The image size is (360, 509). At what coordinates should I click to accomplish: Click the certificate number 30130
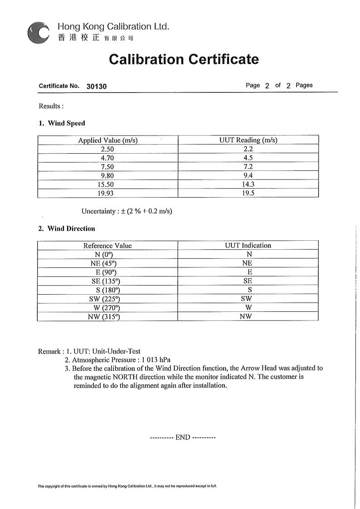[x=96, y=86]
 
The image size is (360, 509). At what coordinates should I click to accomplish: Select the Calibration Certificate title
[x=184, y=59]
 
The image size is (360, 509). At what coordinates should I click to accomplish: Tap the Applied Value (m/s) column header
[x=107, y=140]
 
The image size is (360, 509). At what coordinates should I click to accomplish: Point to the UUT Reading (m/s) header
[x=248, y=140]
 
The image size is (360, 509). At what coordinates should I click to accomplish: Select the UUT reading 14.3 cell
[x=248, y=184]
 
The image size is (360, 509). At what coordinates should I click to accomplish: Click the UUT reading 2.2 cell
[x=248, y=149]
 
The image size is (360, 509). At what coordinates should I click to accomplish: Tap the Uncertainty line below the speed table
[x=127, y=211]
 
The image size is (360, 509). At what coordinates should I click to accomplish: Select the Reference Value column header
[x=107, y=246]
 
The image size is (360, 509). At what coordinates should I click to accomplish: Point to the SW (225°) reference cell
[x=105, y=299]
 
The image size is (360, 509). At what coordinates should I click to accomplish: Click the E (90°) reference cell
[x=107, y=272]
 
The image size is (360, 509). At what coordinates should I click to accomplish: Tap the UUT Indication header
[x=248, y=246]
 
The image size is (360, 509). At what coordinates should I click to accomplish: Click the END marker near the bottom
[x=182, y=437]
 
